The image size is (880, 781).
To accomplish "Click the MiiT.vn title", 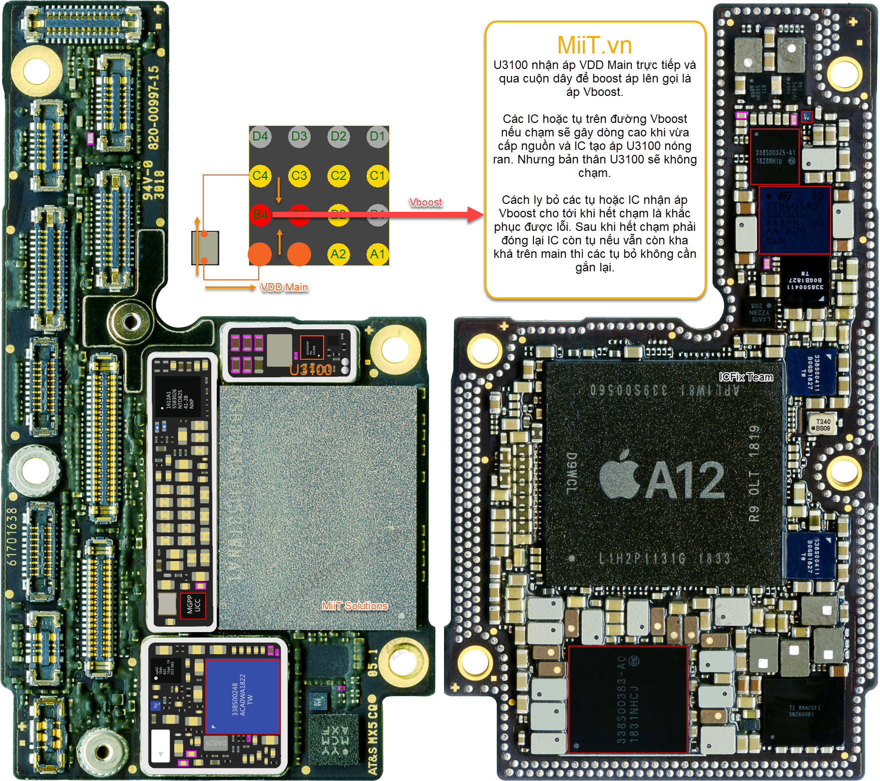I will click(594, 45).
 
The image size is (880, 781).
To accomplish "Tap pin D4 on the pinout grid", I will click(260, 136).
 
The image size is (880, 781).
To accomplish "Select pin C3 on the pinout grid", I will click(299, 175).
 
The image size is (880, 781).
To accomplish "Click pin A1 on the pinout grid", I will click(377, 254).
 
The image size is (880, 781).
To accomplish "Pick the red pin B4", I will click(260, 215).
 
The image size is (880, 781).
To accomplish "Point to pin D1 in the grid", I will click(377, 136).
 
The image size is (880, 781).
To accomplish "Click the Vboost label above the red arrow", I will click(426, 202).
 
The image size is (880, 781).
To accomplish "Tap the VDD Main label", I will click(284, 287).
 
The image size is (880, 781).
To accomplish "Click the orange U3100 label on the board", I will click(311, 370).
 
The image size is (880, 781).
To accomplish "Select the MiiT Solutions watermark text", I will click(355, 606).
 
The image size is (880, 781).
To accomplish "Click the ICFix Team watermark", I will click(746, 377).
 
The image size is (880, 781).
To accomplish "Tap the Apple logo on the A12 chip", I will click(620, 475).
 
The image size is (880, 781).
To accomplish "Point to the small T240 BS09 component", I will click(822, 425).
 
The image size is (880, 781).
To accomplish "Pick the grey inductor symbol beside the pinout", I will click(205, 247).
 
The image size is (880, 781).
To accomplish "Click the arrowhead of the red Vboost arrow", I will click(476, 215).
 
